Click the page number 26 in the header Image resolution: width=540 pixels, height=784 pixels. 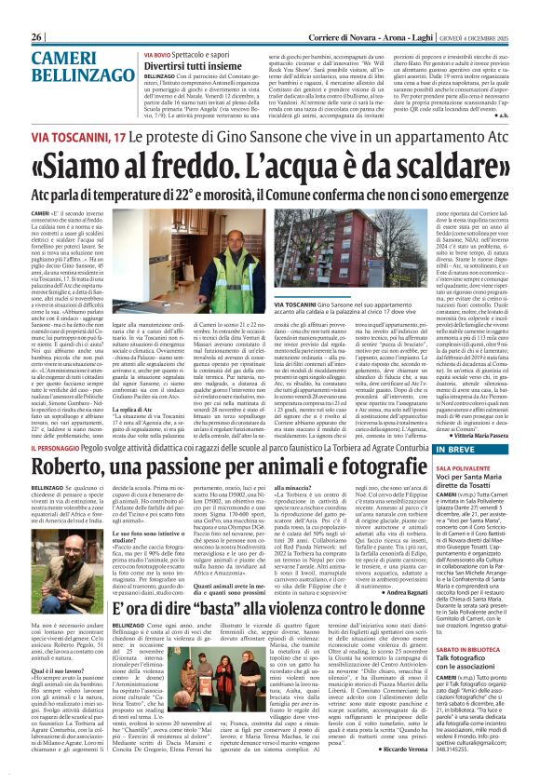[x=39, y=35]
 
